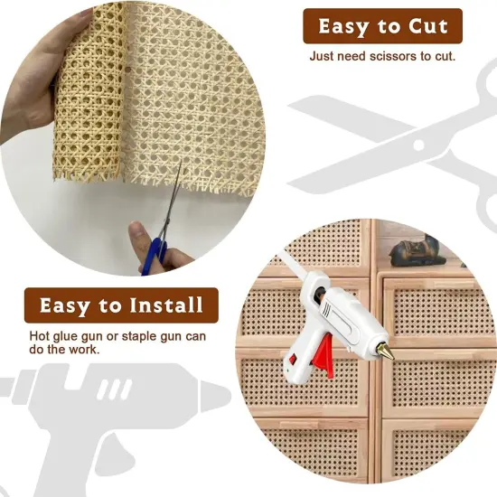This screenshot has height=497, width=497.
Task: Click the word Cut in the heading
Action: pyautogui.click(x=427, y=26)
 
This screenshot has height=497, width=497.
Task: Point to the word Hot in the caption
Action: pyautogui.click(x=41, y=337)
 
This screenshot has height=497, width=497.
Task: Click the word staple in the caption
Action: pyautogui.click(x=136, y=337)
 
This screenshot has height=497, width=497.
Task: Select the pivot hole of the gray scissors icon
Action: pyautogui.click(x=418, y=142)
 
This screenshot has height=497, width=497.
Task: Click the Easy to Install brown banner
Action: pyautogui.click(x=120, y=305)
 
